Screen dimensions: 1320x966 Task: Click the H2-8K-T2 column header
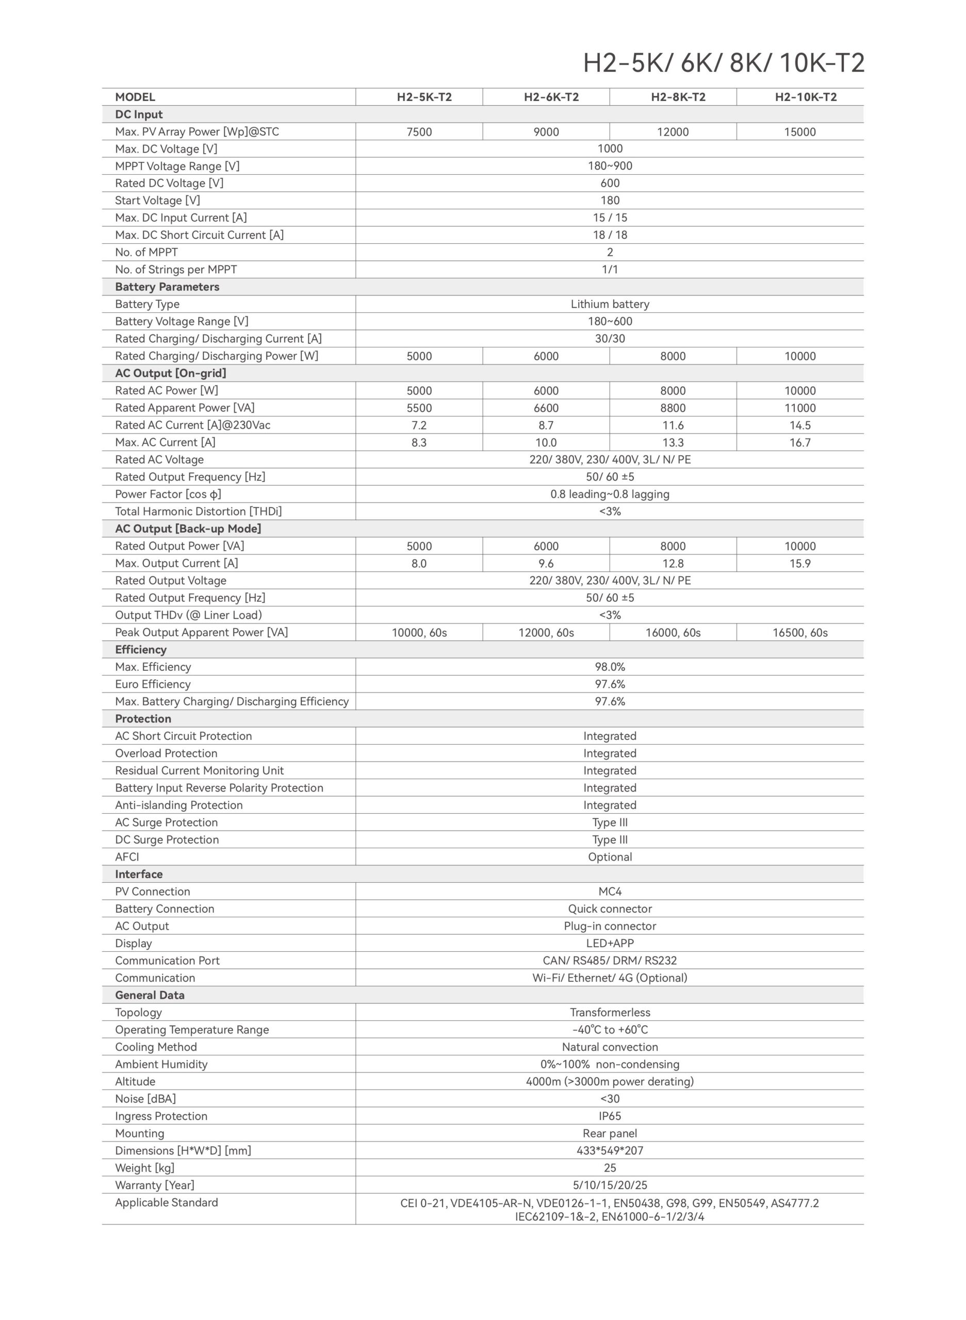[678, 97]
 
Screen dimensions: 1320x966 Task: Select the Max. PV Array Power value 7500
[419, 132]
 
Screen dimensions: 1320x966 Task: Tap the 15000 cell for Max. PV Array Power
[799, 132]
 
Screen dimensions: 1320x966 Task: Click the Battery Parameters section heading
[167, 287]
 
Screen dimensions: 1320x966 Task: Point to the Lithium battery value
[610, 304]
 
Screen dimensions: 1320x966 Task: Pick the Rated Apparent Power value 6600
[546, 408]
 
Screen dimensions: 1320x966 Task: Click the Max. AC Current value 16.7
[799, 442]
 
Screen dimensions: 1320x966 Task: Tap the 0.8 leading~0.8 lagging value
[610, 494]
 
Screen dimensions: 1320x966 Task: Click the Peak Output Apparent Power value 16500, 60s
[799, 633]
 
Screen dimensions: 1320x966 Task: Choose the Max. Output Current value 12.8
[673, 564]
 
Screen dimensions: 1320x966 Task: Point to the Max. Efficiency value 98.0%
[610, 667]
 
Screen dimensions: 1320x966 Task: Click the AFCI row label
[127, 857]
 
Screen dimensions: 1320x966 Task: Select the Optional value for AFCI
[610, 857]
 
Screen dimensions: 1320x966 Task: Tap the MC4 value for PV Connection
[610, 892]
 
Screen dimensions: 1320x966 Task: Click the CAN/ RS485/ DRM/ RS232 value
[610, 961]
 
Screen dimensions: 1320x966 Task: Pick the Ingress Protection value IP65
[610, 1116]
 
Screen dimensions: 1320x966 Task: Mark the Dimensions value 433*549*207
[610, 1150]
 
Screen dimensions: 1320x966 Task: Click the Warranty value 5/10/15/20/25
[610, 1185]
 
